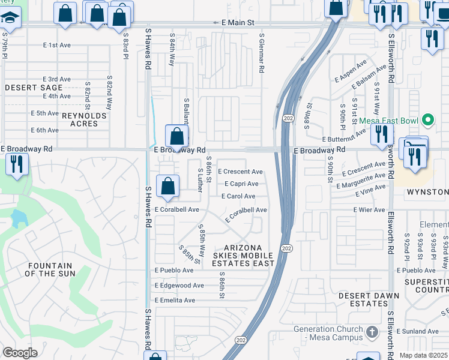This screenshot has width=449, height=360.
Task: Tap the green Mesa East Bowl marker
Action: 428,121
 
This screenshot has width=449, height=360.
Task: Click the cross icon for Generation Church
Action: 372,332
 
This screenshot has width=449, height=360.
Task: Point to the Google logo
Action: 20,353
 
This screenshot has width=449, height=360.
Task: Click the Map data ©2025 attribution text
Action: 423,355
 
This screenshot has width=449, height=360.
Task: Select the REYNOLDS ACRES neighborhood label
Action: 72,119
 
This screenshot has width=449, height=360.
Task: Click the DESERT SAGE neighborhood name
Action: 34,88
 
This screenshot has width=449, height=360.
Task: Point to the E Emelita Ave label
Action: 175,300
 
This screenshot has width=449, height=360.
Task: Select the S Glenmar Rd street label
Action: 262,53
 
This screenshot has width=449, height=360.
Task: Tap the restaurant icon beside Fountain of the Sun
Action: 16,163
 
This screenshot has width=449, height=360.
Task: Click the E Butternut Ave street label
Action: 344,139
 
